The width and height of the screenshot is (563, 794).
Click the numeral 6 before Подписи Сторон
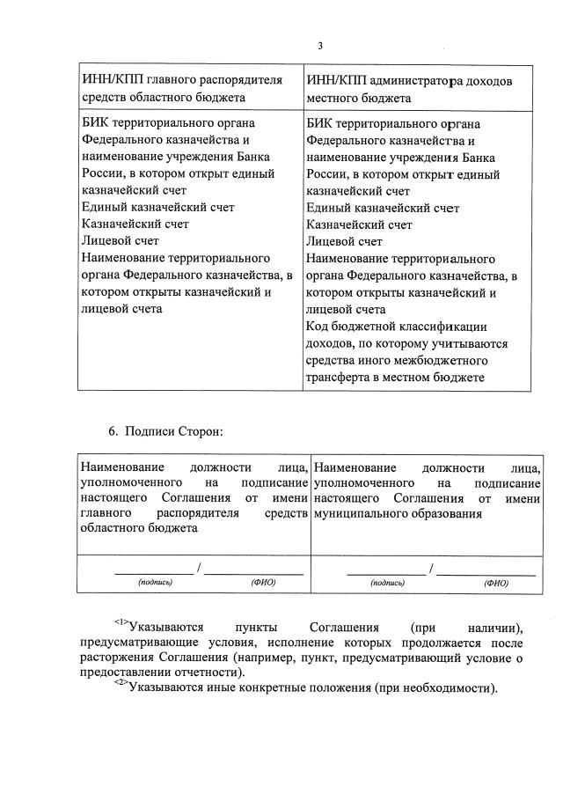pos(112,432)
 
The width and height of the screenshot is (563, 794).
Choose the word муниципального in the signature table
pos(357,515)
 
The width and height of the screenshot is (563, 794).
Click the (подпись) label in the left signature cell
pos(155,583)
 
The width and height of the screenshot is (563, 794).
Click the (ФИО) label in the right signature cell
pos(495,583)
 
